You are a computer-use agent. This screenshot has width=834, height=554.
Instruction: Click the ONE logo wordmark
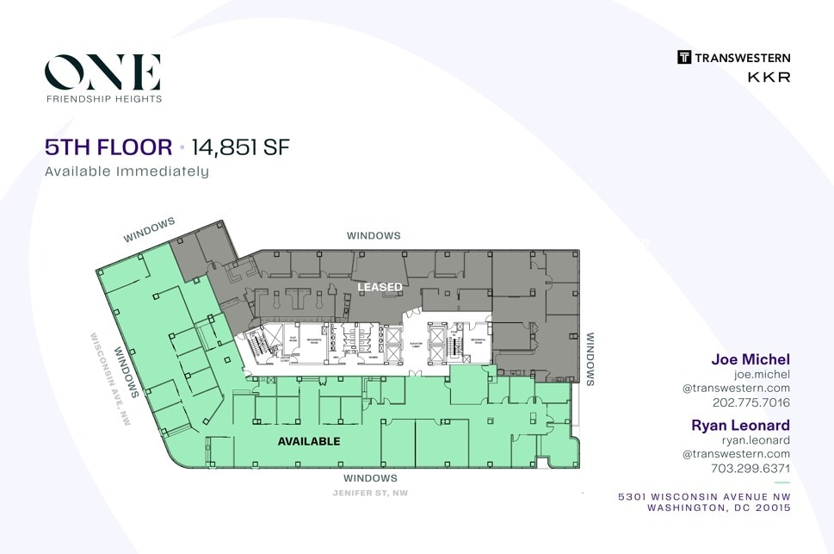tap(103, 72)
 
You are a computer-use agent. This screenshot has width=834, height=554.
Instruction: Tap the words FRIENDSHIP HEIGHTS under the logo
tap(103, 99)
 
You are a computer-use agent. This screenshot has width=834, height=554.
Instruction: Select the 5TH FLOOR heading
tap(108, 147)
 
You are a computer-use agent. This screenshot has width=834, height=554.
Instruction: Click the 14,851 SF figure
tap(240, 147)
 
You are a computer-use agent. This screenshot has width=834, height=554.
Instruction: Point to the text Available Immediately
tap(127, 171)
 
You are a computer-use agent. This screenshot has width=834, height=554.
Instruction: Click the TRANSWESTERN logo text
tap(742, 58)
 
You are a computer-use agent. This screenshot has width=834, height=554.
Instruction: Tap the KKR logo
tap(769, 77)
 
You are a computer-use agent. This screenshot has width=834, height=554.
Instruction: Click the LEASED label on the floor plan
tap(380, 287)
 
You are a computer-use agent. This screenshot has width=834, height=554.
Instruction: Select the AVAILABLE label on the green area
tap(309, 441)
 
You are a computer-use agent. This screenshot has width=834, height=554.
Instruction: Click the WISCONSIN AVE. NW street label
tap(111, 379)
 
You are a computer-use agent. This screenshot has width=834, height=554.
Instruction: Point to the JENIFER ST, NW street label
tap(370, 493)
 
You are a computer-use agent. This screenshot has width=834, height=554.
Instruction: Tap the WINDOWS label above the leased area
tap(374, 235)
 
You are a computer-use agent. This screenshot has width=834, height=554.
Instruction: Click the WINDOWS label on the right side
tap(591, 359)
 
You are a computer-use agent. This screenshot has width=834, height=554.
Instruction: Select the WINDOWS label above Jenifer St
tap(370, 478)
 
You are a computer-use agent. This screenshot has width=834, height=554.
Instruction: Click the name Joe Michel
tap(750, 359)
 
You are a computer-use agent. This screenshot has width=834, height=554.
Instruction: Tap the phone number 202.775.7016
tap(751, 402)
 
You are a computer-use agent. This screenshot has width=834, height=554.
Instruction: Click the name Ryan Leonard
tap(740, 426)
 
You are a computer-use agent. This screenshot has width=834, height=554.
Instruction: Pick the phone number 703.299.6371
tap(751, 469)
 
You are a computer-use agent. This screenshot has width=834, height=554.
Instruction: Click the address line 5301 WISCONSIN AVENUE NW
tap(704, 497)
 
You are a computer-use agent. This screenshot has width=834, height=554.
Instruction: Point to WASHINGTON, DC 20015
tap(718, 508)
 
